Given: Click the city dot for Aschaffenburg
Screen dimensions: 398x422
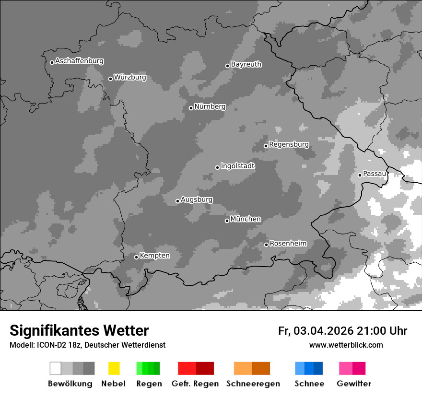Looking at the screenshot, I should tap(52, 62).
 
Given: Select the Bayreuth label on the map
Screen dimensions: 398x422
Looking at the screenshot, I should tap(246, 64).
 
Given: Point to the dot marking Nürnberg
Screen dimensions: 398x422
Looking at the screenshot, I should tap(191, 108).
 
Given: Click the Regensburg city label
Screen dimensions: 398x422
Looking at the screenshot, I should tap(289, 144).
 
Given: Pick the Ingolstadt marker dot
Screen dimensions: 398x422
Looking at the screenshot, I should tap(217, 167).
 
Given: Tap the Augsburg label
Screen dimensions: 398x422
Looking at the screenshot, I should tap(197, 199).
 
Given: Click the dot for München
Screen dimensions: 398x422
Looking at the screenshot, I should tap(227, 221).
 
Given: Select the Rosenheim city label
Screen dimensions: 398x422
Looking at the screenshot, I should tap(288, 243).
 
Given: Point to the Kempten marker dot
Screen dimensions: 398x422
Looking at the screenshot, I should tap(136, 257).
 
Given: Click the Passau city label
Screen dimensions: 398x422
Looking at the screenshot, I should tap(374, 174).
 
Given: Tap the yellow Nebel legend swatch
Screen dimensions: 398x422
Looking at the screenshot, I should tap(114, 368).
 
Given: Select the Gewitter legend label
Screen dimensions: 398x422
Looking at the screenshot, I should tap(354, 384).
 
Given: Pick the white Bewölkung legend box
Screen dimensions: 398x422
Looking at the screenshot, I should tap(56, 368).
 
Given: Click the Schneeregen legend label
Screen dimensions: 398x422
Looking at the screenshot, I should tap(253, 384).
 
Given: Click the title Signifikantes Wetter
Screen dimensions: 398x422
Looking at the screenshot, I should tap(79, 331).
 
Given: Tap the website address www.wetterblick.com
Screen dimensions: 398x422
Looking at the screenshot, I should tap(346, 345).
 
